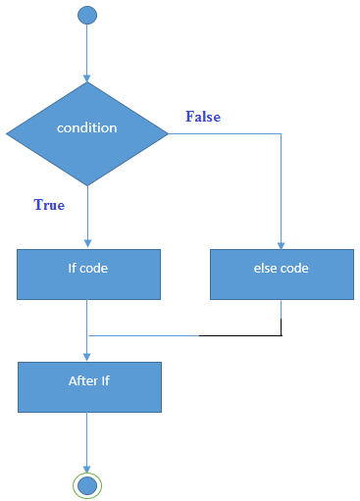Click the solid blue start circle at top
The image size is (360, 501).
point(87,15)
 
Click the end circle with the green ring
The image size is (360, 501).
point(87,484)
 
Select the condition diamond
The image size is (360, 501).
point(87,133)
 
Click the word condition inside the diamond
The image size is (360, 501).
point(87,128)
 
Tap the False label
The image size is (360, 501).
point(203,117)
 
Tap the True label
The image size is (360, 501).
point(49,205)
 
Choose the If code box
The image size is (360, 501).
point(88,274)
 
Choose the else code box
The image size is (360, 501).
point(282,274)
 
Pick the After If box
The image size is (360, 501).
point(88,386)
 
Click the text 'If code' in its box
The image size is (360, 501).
point(88,267)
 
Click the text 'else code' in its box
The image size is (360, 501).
point(282,267)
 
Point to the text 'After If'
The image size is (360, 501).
point(88,380)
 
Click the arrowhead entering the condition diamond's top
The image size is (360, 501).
point(87,77)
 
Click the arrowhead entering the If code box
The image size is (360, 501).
point(87,245)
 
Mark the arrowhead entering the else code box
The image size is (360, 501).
point(282,245)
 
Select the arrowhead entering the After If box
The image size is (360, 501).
point(87,357)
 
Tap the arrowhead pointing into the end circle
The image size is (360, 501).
point(87,470)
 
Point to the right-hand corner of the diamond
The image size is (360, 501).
point(167,133)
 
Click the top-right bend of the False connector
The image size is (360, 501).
point(282,133)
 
